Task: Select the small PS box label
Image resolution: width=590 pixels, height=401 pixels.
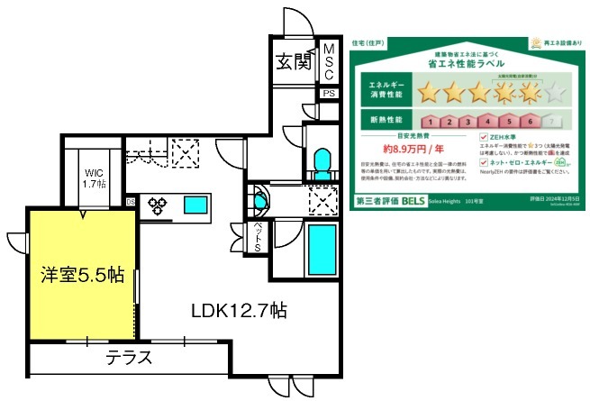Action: pyautogui.click(x=329, y=93)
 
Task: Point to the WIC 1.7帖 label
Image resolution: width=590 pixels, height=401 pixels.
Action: pyautogui.click(x=95, y=178)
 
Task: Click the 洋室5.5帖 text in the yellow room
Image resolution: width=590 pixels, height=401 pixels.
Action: pyautogui.click(x=82, y=274)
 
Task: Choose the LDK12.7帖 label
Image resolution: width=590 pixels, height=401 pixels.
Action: pyautogui.click(x=239, y=311)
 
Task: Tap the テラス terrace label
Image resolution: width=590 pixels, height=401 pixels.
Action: pyautogui.click(x=130, y=358)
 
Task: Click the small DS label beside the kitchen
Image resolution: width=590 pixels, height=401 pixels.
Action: pyautogui.click(x=132, y=201)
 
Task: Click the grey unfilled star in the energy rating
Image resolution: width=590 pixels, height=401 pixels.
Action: pyautogui.click(x=557, y=91)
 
